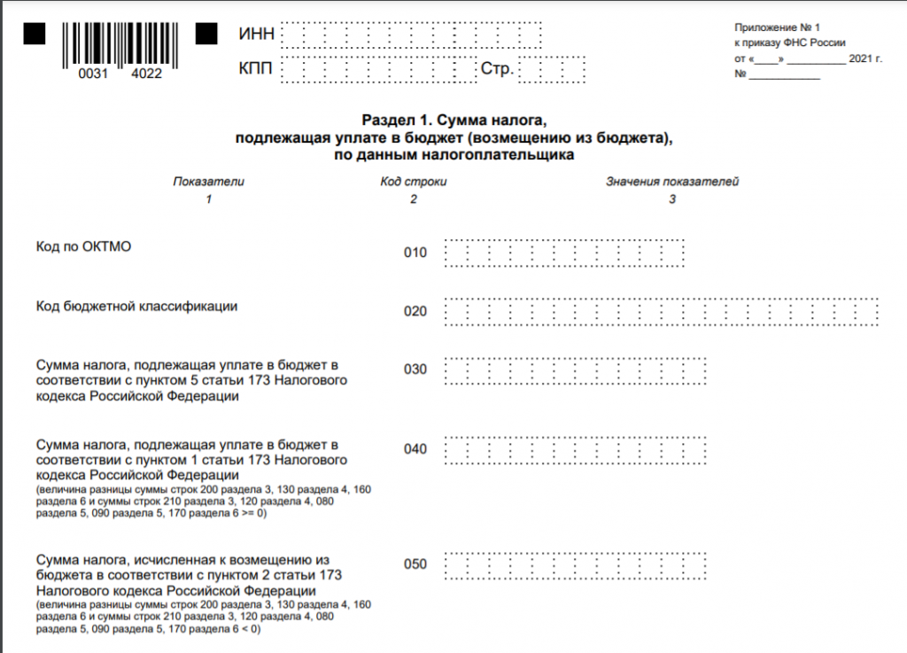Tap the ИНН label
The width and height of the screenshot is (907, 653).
coord(257,34)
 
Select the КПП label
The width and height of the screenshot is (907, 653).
coord(257,68)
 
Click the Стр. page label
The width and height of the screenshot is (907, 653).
coord(497,68)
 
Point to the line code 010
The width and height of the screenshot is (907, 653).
coord(415,253)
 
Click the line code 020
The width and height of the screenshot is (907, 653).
coord(415,311)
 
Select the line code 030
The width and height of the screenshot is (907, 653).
coord(415,369)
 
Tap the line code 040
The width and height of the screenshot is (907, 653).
coord(415,449)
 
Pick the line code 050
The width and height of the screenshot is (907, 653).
coord(415,564)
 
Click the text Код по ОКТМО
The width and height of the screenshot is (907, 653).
coord(83,246)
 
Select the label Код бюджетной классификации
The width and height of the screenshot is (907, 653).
coord(136,307)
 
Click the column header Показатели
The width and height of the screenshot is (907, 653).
coord(208,182)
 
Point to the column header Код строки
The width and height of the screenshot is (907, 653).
coord(413,182)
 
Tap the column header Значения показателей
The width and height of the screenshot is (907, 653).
coord(671,182)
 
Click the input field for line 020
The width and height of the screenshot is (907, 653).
coord(661,311)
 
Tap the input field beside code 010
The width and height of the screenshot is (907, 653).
coord(564,253)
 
